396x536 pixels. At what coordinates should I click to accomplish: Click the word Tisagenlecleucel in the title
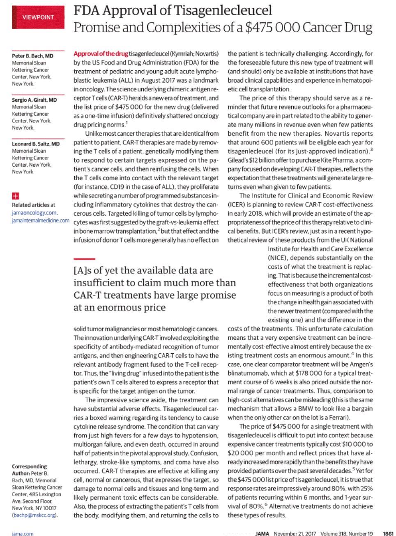tap(220, 9)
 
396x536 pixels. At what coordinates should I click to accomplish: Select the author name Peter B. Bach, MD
tap(32, 56)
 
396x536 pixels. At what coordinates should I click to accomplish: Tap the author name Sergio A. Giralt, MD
tap(35, 100)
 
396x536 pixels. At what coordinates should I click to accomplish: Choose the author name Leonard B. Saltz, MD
tap(36, 144)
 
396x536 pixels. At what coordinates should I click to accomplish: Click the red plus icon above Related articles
tap(15, 196)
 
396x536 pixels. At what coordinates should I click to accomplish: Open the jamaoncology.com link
tap(34, 213)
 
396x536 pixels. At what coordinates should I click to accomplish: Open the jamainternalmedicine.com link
tap(41, 220)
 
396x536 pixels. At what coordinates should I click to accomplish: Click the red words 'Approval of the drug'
tap(101, 54)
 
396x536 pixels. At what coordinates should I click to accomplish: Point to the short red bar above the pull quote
tap(84, 259)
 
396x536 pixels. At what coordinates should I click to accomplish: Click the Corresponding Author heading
tap(29, 470)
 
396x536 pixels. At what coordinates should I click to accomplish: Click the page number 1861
tap(387, 534)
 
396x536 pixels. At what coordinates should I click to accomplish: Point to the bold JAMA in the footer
tap(262, 534)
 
